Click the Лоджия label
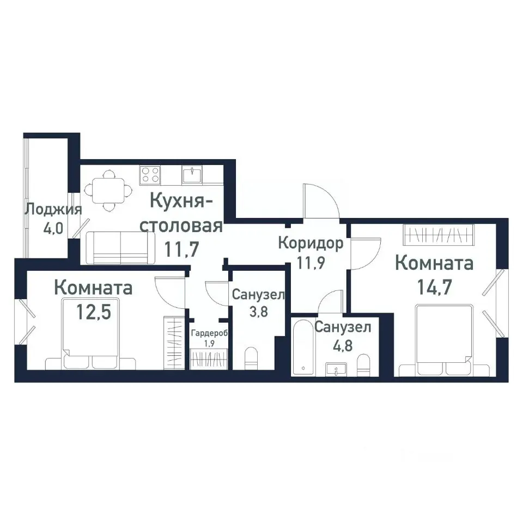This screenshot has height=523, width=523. [x=54, y=210]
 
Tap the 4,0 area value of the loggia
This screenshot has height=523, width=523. [x=53, y=228]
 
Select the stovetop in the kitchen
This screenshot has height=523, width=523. [x=150, y=175]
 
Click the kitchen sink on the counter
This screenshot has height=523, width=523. [x=192, y=175]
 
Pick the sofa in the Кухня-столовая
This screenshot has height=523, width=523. [x=120, y=248]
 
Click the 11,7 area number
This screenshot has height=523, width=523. [x=182, y=249]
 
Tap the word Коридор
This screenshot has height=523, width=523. [x=311, y=244]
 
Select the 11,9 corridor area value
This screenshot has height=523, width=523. [x=311, y=263]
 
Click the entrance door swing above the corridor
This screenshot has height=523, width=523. [x=321, y=200]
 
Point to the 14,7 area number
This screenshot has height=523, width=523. [x=435, y=287]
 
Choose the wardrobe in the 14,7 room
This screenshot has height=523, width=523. [x=438, y=234]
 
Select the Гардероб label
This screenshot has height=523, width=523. [x=209, y=333]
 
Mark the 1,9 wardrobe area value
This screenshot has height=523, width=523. [x=209, y=344]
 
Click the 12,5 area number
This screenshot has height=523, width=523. [x=94, y=312]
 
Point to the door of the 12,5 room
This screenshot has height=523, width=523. [x=171, y=292]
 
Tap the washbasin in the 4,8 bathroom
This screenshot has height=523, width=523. [x=336, y=369]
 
